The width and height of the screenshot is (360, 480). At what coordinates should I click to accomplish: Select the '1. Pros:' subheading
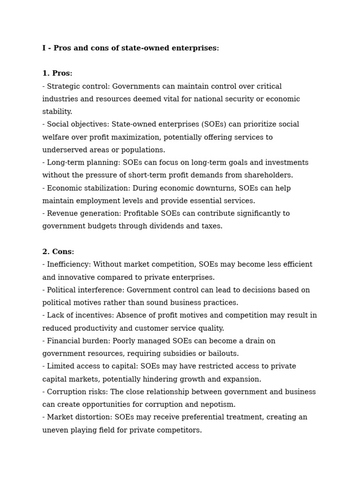[x=57, y=74]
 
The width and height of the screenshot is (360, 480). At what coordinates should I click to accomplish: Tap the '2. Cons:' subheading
[x=58, y=252]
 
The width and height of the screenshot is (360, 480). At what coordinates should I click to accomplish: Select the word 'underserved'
[x=63, y=150]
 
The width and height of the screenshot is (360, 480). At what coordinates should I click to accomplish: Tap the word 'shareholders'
[x=269, y=175]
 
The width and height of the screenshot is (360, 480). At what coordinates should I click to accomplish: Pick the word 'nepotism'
[x=220, y=404]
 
